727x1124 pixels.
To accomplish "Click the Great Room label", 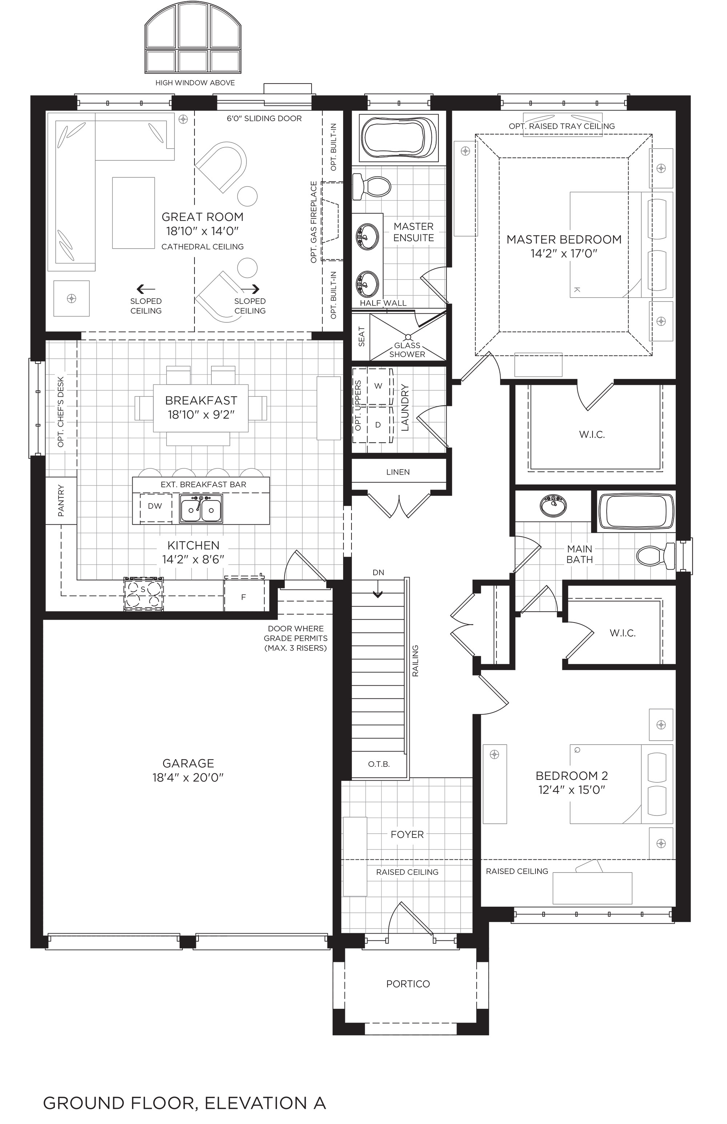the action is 202,217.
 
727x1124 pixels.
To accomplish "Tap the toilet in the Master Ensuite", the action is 371,186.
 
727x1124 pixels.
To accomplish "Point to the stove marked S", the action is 144,594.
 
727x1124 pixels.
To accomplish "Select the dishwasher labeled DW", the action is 155,506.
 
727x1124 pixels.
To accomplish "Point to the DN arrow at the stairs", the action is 378,592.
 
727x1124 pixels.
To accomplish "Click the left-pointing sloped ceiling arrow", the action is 145,289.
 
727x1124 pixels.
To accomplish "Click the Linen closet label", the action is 398,472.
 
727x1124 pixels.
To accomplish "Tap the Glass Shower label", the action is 407,350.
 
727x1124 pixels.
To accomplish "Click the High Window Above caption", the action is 195,82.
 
